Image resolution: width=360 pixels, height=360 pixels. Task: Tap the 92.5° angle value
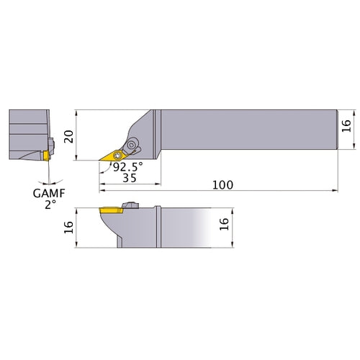pos(127,166)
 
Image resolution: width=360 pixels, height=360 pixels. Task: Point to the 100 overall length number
pos(222,185)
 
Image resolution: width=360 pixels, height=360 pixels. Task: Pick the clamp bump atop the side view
pos(131,205)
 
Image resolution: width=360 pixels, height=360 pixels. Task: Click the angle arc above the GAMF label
pos(47,176)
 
